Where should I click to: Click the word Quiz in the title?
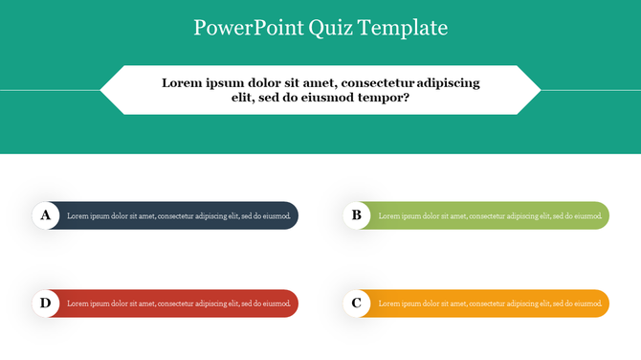(x=331, y=28)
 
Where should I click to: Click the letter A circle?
(x=45, y=215)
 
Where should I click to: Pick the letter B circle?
(x=357, y=215)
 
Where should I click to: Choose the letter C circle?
(x=357, y=304)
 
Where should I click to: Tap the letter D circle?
(x=45, y=304)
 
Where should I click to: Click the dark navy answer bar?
(x=178, y=215)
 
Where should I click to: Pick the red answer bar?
(x=178, y=304)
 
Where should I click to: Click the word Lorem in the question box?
(x=184, y=82)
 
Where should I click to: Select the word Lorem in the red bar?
(x=77, y=304)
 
